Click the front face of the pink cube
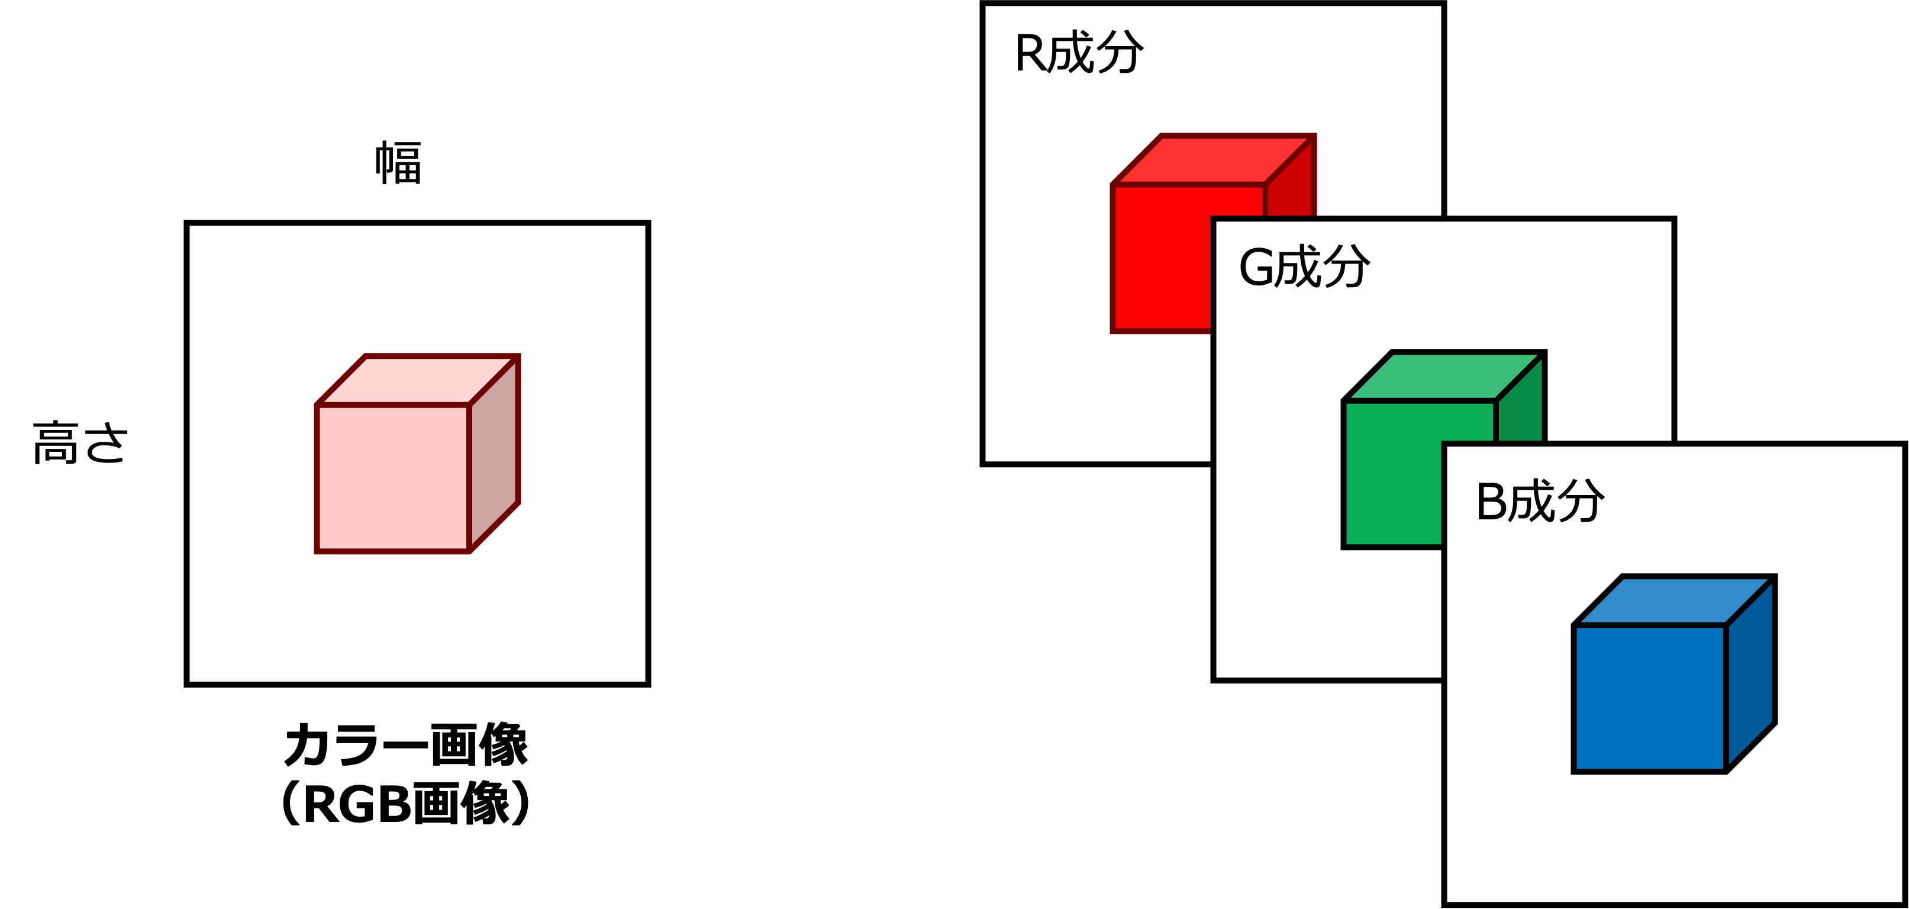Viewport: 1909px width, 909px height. (393, 478)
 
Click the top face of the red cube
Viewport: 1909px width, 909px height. (1214, 159)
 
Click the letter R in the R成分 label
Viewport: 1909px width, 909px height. (1031, 53)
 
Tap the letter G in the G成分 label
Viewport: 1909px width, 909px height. (1257, 268)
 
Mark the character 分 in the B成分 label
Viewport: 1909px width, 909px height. (1580, 501)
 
